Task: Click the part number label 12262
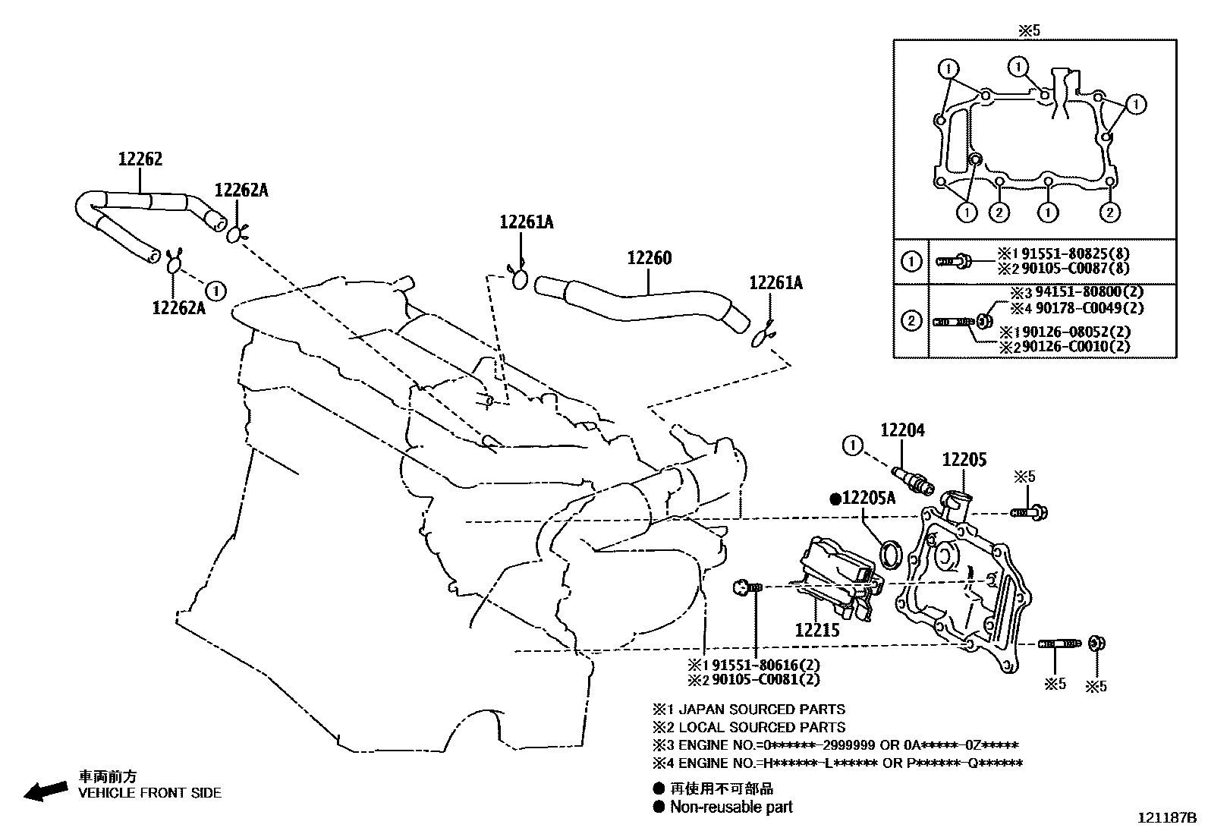click(140, 159)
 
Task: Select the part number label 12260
click(649, 258)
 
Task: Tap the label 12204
click(902, 431)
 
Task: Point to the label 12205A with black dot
click(864, 498)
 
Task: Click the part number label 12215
click(817, 629)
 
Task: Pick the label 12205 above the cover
click(964, 460)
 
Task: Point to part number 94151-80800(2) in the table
click(1078, 291)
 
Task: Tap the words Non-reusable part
click(731, 807)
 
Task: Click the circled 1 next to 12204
click(854, 445)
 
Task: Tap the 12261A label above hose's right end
click(775, 283)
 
